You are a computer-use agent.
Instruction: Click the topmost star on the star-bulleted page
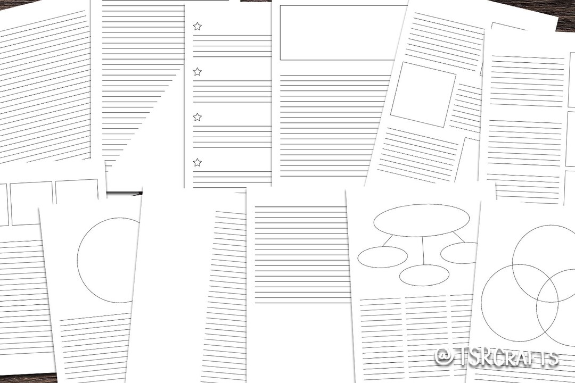(198, 26)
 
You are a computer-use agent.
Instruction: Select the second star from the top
(198, 71)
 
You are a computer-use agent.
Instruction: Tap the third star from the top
(198, 116)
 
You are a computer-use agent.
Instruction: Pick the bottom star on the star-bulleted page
(198, 162)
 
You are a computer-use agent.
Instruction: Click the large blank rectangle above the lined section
(343, 32)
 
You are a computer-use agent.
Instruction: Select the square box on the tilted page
(423, 94)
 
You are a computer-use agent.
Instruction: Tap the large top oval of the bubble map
(421, 220)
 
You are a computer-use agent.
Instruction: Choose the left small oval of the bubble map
(382, 257)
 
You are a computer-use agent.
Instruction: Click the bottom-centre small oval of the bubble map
(424, 275)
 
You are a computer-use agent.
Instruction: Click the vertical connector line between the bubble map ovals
(423, 250)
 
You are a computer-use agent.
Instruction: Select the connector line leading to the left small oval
(388, 241)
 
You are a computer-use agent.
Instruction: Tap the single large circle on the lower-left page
(109, 261)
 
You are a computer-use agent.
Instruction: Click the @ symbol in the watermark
(445, 356)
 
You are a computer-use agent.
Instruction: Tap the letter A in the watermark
(516, 357)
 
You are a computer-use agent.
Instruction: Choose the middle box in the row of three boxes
(32, 203)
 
